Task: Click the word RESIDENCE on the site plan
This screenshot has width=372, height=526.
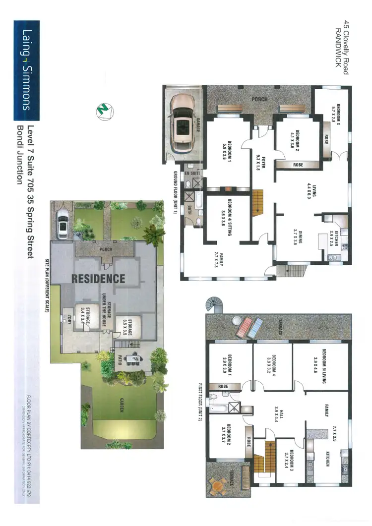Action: pos(98,278)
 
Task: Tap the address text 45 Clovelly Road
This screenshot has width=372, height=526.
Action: pos(345,47)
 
